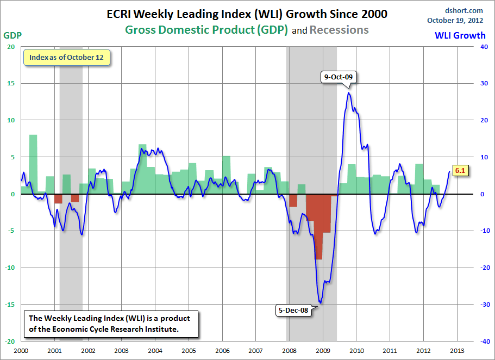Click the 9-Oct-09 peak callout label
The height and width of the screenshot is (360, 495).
pyautogui.click(x=339, y=77)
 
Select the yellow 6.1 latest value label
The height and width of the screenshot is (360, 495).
pyautogui.click(x=460, y=171)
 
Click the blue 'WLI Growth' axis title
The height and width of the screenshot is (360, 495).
pyautogui.click(x=460, y=36)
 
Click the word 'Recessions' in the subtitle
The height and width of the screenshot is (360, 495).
pyautogui.click(x=339, y=30)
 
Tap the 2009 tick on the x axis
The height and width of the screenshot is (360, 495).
pyautogui.click(x=323, y=351)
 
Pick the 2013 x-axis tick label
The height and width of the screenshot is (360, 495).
pyautogui.click(x=457, y=351)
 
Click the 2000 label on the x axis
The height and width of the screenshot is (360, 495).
pyautogui.click(x=21, y=351)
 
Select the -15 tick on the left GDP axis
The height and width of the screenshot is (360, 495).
pyautogui.click(x=10, y=305)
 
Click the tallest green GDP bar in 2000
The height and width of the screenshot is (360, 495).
pyautogui.click(x=33, y=163)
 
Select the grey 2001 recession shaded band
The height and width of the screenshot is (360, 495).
pyautogui.click(x=71, y=136)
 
